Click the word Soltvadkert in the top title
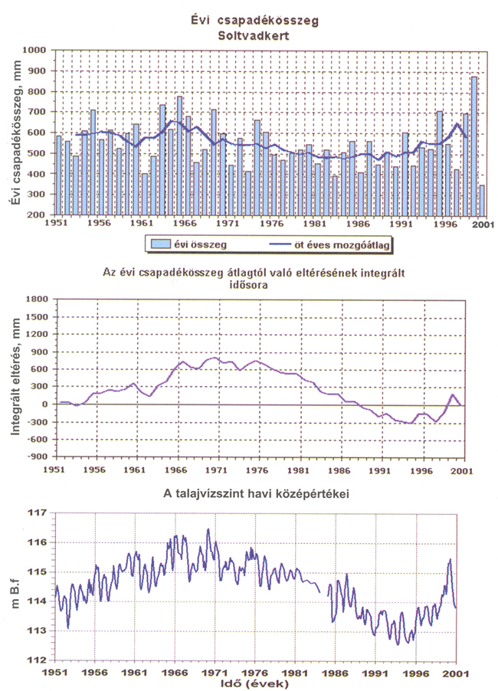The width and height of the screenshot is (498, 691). click(x=254, y=36)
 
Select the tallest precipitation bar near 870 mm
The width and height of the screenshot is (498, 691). click(x=473, y=146)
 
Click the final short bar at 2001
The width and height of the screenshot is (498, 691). click(x=482, y=200)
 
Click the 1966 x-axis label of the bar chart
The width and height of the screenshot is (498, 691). click(x=185, y=223)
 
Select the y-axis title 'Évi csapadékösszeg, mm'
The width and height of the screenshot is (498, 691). click(x=15, y=133)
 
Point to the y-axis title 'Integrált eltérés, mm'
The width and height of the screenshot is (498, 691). click(x=16, y=377)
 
